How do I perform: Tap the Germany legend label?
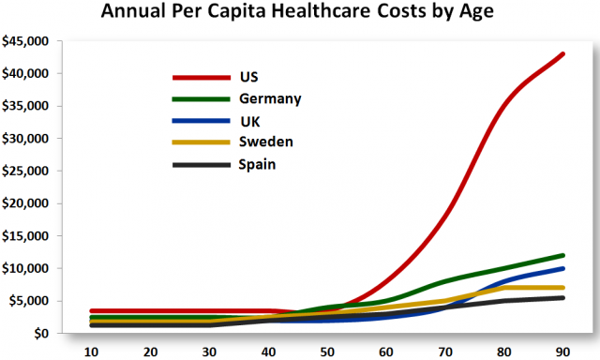(x=271, y=98)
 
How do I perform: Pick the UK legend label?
(x=251, y=121)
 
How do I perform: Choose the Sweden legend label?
(x=267, y=142)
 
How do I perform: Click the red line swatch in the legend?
(x=201, y=78)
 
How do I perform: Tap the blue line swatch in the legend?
(x=201, y=121)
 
